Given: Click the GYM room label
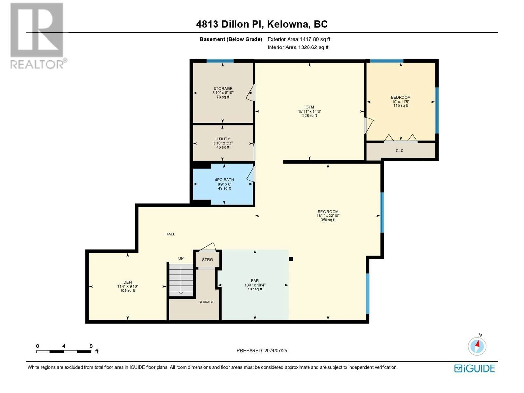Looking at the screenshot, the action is tap(309, 107).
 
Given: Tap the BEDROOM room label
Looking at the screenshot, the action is tap(401, 97).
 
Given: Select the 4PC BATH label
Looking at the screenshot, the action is tap(224, 180).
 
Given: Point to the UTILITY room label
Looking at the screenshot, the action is tap(223, 139).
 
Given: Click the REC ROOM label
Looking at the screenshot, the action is tap(328, 212).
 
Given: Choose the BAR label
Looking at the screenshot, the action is tap(255, 281).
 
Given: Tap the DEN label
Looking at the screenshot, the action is tap(127, 282).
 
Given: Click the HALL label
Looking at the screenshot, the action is tap(170, 234).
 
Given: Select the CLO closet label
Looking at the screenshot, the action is tap(399, 151).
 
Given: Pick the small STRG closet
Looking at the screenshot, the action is tap(207, 259).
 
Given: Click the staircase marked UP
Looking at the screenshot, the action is tap(181, 280).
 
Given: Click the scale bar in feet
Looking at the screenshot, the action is tap(64, 351).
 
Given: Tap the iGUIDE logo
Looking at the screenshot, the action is tap(474, 368).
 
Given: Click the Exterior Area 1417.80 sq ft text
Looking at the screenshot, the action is tap(299, 39).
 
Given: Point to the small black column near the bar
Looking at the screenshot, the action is tap(291, 259).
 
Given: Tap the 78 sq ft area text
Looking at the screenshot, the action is tap(223, 97).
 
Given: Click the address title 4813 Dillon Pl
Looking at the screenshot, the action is tap(230, 24).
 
